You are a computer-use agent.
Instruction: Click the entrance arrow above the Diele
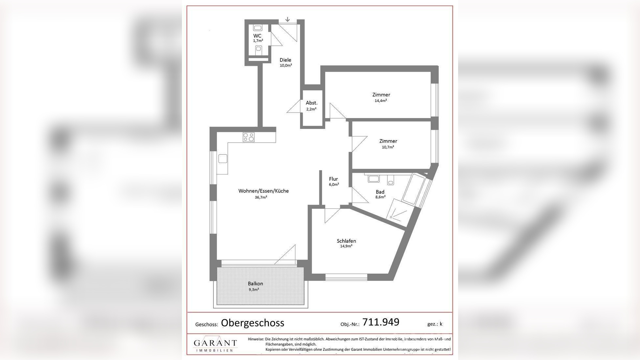pos(287,19)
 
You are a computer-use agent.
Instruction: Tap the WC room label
pos(257,36)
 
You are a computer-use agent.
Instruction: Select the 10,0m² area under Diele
pos(286,65)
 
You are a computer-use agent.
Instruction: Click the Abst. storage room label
pos(311,103)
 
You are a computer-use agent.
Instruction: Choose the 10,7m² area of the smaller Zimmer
pos(388,147)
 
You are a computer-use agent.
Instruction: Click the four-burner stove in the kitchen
pos(249,137)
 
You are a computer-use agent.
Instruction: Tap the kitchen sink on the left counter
pos(223,159)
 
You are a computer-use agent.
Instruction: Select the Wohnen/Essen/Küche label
pos(263,191)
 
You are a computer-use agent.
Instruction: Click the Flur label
pos(333,179)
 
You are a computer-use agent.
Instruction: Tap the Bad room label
pos(380,192)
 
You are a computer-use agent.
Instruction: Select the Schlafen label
pos(346,241)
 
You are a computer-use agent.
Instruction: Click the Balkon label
pos(255,284)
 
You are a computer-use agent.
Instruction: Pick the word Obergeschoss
pos(253,323)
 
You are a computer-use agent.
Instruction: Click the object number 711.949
pos(381,322)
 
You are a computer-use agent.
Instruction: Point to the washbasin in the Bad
pos(373,179)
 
